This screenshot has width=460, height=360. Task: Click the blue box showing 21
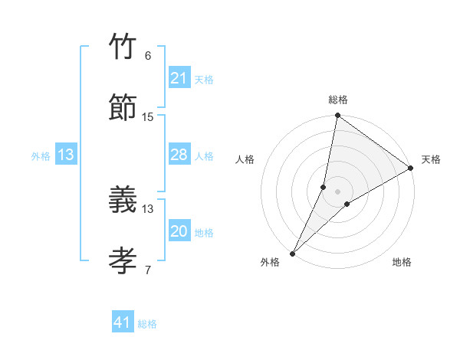tap(179, 78)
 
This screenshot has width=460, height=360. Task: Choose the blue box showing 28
tap(179, 155)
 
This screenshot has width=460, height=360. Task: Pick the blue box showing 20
tap(179, 231)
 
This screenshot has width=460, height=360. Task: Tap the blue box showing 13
tap(66, 155)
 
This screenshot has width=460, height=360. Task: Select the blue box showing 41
tap(122, 322)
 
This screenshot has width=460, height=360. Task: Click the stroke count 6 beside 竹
tap(148, 56)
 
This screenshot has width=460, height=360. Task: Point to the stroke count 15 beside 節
tap(148, 116)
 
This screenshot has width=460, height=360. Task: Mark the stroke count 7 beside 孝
tap(148, 270)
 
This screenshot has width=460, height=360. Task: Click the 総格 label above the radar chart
tap(338, 100)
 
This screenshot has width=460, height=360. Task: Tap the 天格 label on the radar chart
tap(431, 159)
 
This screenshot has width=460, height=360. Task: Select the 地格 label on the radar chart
tap(402, 262)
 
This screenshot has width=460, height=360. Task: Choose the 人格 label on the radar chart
tap(245, 159)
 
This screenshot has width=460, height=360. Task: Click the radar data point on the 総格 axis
tap(337, 116)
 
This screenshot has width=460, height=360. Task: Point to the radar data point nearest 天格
tap(411, 169)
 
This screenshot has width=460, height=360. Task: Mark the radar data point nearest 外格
tap(292, 253)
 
